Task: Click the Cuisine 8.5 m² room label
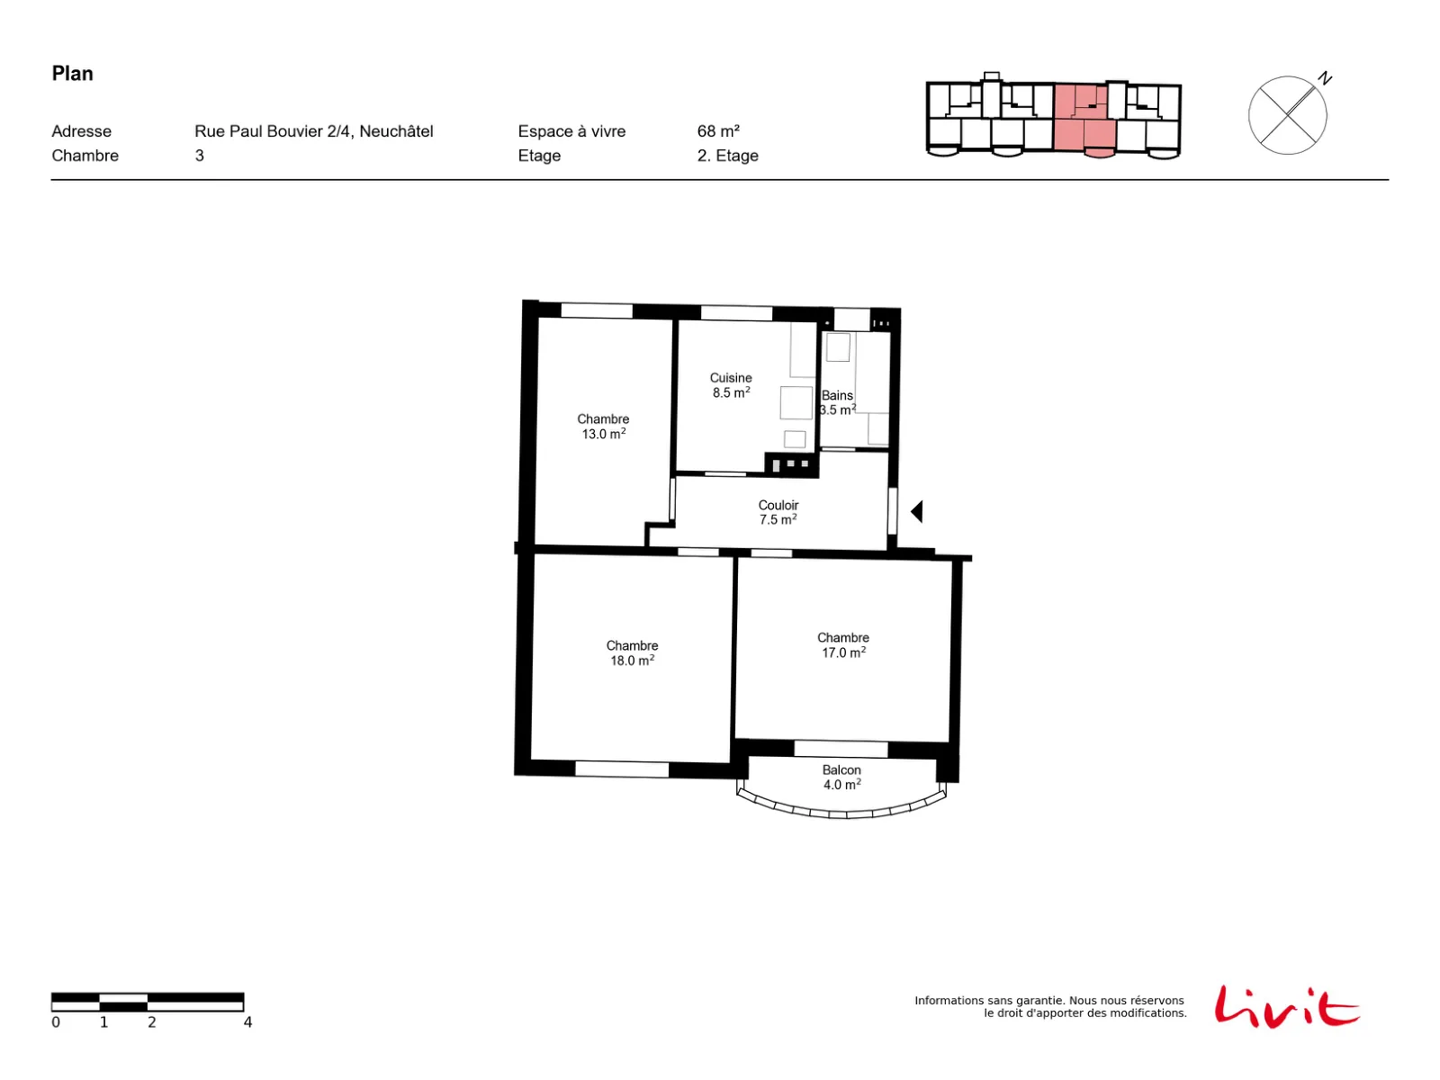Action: (x=730, y=385)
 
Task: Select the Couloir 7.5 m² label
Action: (x=778, y=512)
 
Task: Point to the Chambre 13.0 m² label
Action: (x=603, y=427)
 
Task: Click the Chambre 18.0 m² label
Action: (x=632, y=653)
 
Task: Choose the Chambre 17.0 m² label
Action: (x=843, y=645)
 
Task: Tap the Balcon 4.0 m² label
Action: (x=841, y=777)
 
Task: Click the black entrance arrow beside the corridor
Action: (x=916, y=511)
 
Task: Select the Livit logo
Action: (x=1286, y=1006)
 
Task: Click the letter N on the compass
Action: (x=1325, y=78)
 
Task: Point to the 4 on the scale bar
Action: (x=248, y=1021)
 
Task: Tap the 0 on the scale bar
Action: (x=56, y=1021)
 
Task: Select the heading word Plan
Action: (x=72, y=74)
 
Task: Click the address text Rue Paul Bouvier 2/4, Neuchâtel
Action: (x=313, y=131)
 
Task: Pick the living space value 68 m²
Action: (x=718, y=131)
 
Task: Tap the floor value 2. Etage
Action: (x=727, y=156)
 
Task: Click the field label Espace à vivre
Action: (x=571, y=131)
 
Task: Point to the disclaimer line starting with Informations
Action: (x=1049, y=1000)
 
